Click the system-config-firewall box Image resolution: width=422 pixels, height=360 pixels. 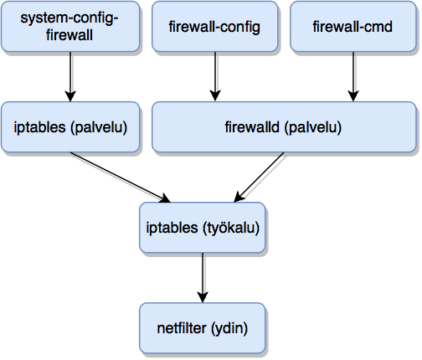(x=70, y=27)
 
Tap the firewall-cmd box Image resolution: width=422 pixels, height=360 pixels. (x=353, y=27)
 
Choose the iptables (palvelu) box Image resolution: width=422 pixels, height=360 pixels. (x=70, y=128)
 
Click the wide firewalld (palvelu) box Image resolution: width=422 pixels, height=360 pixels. (x=284, y=128)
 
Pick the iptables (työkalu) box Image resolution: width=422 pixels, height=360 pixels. (x=202, y=228)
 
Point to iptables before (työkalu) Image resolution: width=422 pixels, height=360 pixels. (x=171, y=228)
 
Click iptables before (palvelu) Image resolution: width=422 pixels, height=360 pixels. (x=39, y=128)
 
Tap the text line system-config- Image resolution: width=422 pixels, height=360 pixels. (x=70, y=19)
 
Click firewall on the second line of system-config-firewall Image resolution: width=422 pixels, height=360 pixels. (x=70, y=35)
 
